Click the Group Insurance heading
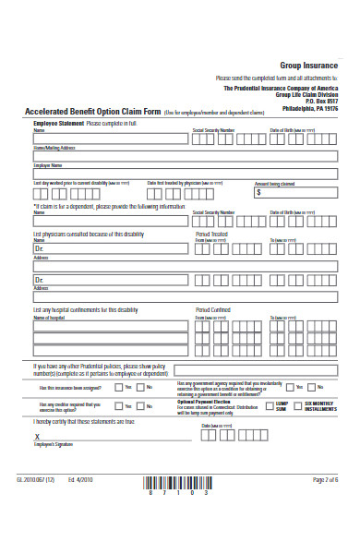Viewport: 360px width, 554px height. [x=309, y=66]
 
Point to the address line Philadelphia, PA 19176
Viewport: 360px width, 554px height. [x=309, y=108]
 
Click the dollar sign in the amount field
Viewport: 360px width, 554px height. [x=258, y=194]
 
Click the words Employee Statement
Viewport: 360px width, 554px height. [x=58, y=122]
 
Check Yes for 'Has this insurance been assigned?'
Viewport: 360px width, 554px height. [x=118, y=389]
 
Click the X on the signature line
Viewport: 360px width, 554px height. [x=37, y=436]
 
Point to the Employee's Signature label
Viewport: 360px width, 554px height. [x=54, y=445]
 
